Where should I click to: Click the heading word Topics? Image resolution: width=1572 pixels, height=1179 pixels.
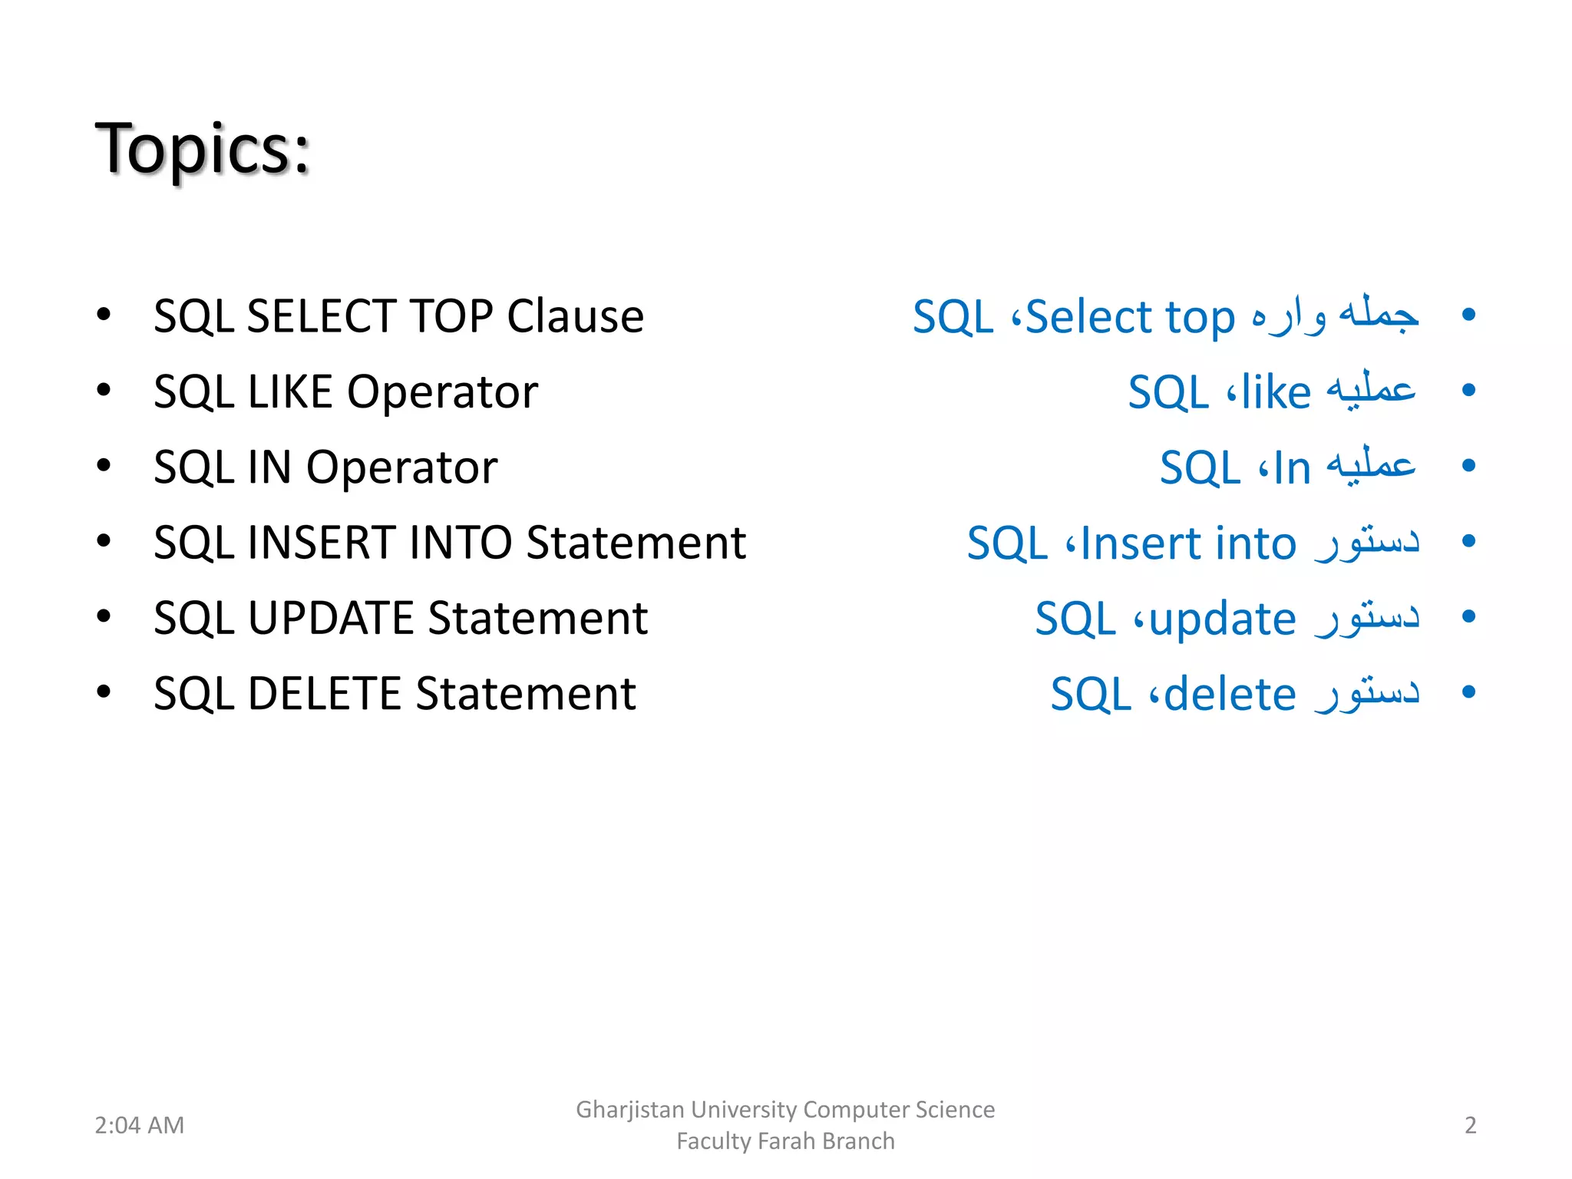point(203,149)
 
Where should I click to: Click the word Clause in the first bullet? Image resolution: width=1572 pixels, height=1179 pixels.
point(575,316)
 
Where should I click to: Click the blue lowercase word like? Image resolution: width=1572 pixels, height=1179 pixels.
point(1276,393)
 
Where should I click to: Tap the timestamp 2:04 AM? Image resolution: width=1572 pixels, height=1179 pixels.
point(139,1125)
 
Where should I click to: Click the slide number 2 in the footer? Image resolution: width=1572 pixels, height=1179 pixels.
point(1470,1125)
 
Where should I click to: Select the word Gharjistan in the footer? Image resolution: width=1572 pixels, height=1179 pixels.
point(629,1110)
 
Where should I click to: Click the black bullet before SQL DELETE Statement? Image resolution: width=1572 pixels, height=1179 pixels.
point(104,692)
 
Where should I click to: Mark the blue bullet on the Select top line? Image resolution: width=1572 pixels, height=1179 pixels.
point(1468,315)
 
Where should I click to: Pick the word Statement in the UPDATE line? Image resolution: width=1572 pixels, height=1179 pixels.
point(537,619)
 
